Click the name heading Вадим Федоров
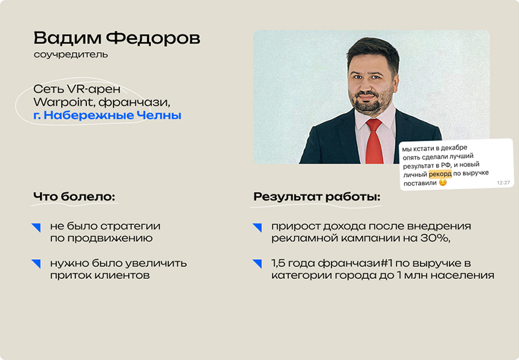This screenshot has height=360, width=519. tap(117, 38)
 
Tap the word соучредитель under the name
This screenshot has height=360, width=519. tap(71, 54)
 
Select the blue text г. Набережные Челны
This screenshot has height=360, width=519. tap(107, 115)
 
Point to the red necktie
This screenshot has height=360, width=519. tap(375, 142)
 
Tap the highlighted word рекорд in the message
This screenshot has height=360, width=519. tap(440, 173)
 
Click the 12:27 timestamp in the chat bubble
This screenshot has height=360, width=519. tap(503, 183)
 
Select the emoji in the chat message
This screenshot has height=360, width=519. tap(443, 183)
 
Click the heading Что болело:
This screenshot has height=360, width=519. tap(74, 196)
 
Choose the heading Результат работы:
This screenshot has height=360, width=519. tap(317, 197)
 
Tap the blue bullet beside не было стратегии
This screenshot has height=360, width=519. tap(36, 227)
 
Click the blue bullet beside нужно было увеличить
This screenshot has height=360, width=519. tap(36, 264)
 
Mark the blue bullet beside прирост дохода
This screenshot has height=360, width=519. tap(257, 227)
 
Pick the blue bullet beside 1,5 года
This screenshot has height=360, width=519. tap(257, 264)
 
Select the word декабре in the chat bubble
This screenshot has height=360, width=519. tap(454, 148)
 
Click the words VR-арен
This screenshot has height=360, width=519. tap(94, 89)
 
